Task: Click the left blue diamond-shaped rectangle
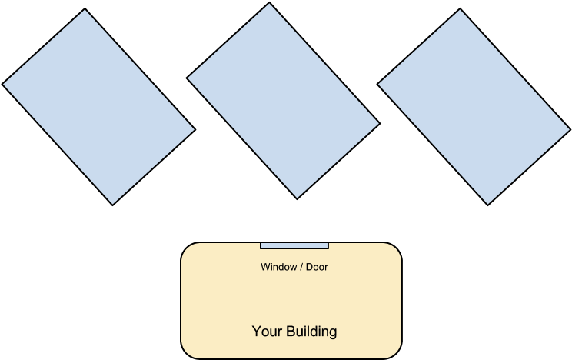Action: pyautogui.click(x=98, y=107)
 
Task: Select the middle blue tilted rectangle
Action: pyautogui.click(x=283, y=101)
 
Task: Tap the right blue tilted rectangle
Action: pyautogui.click(x=474, y=107)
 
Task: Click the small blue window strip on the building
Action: pyautogui.click(x=294, y=246)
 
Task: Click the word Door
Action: pyautogui.click(x=317, y=268)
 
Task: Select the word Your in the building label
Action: pyautogui.click(x=267, y=332)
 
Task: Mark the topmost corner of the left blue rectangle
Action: pyautogui.click(x=85, y=11)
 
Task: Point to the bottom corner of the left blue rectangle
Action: pyautogui.click(x=112, y=204)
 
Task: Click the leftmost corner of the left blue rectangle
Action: pyautogui.click(x=4, y=84)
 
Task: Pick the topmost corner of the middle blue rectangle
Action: pyautogui.click(x=270, y=5)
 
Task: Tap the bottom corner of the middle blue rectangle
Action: pyautogui.click(x=297, y=198)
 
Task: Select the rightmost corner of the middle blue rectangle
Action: pyautogui.click(x=378, y=123)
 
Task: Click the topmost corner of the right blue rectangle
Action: pyautogui.click(x=461, y=11)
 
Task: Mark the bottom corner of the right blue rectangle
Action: pyautogui.click(x=487, y=204)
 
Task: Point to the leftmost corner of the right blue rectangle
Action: pyautogui.click(x=379, y=84)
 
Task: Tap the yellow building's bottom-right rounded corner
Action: pyautogui.click(x=395, y=353)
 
